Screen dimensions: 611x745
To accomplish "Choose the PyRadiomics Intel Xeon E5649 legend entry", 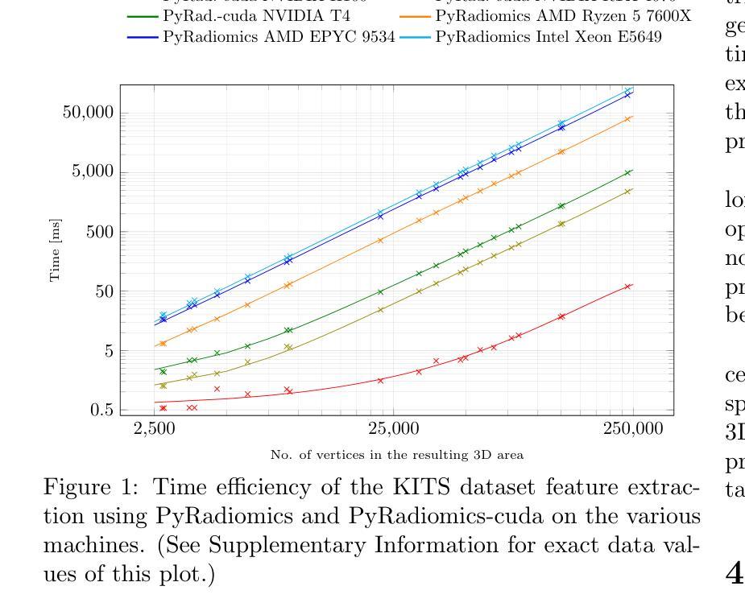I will (548, 37).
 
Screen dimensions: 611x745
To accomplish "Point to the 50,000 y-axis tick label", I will (88, 113).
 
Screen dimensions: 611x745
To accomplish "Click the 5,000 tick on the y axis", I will (92, 172).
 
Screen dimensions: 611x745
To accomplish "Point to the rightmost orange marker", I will (628, 118).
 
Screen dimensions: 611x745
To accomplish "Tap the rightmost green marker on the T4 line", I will (628, 172).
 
